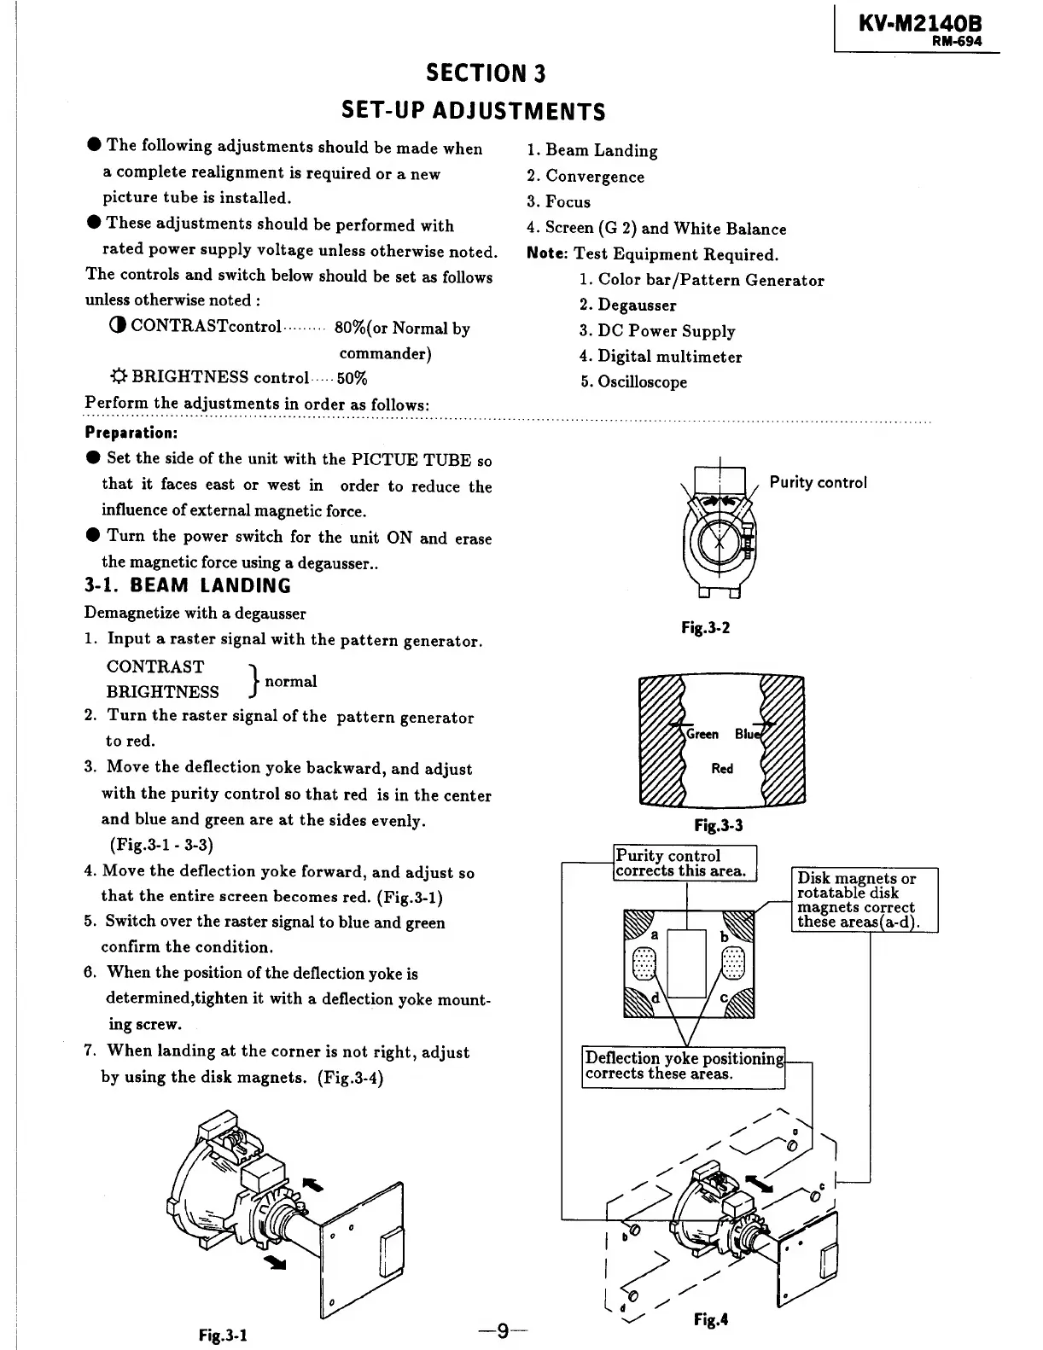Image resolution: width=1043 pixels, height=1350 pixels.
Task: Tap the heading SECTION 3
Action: [x=486, y=73]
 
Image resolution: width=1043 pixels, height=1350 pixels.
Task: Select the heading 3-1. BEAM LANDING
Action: [x=188, y=586]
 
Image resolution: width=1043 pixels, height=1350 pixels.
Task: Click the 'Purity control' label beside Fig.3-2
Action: [x=818, y=482]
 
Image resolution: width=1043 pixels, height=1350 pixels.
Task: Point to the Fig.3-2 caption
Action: [x=706, y=628]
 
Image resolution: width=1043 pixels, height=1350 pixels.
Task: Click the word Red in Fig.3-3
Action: [x=722, y=769]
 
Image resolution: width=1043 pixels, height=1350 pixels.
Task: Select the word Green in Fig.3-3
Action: [x=703, y=734]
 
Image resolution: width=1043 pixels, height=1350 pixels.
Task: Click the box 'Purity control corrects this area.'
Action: [x=685, y=863]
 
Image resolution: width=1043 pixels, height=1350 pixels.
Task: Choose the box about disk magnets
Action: [x=865, y=900]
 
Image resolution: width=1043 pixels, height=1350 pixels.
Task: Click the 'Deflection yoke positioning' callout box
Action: [x=684, y=1066]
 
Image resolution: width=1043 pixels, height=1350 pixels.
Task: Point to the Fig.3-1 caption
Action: [x=224, y=1333]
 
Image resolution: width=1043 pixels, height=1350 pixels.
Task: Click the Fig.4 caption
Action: [x=710, y=1319]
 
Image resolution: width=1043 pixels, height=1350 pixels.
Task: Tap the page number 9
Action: [x=504, y=1330]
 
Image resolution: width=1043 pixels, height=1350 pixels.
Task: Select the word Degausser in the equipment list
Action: [x=637, y=305]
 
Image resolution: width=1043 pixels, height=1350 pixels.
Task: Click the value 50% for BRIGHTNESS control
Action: [x=353, y=378]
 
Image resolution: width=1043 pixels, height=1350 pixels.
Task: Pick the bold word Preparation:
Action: [x=131, y=433]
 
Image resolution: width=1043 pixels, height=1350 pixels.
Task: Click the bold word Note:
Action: [x=548, y=254]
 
